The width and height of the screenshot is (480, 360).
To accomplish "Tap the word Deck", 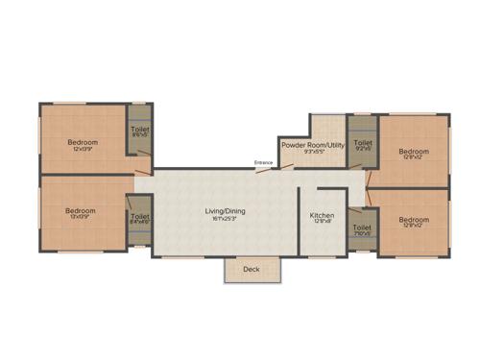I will (x=252, y=270).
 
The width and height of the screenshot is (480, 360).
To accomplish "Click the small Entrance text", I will (x=264, y=163).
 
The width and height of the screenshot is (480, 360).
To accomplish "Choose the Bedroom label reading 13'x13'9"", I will (x=80, y=211).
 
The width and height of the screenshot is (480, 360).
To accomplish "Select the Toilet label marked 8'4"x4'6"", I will (x=140, y=217).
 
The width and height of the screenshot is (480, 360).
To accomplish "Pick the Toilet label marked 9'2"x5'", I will (x=362, y=144).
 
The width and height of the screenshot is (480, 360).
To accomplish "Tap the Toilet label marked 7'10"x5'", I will (x=361, y=228).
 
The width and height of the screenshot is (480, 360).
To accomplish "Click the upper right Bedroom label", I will (x=413, y=151).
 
